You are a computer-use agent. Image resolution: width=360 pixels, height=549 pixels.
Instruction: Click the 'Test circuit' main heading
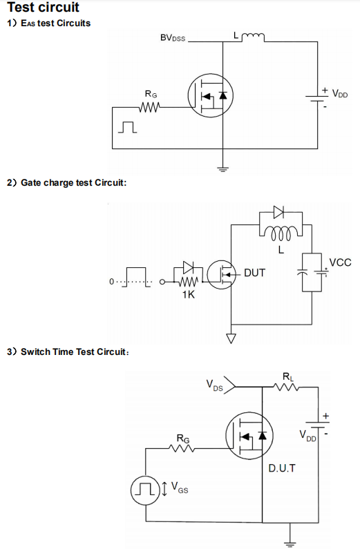(x=43, y=7)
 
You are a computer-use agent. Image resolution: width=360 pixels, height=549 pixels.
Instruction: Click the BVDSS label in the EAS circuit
(x=173, y=38)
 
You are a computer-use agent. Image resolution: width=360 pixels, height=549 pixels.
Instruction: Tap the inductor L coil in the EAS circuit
(x=254, y=36)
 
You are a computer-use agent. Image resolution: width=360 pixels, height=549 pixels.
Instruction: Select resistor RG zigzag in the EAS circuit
(x=149, y=107)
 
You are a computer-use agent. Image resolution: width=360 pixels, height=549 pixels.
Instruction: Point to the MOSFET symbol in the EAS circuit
(x=211, y=95)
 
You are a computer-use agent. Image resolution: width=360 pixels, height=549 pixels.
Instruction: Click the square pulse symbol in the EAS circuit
(x=127, y=127)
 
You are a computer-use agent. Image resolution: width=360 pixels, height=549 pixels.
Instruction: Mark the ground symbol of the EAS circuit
(x=222, y=170)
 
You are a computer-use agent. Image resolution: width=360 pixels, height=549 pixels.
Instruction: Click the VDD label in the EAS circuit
(x=340, y=93)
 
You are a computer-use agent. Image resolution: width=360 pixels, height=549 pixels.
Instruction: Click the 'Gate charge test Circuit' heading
(x=73, y=182)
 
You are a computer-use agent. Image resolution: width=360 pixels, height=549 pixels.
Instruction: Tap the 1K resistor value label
(x=188, y=294)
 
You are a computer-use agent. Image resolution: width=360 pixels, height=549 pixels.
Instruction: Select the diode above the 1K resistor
(x=189, y=267)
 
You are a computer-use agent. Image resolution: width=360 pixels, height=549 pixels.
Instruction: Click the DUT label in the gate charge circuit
(x=254, y=273)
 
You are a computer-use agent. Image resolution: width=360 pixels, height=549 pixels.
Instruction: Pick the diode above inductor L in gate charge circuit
(x=278, y=212)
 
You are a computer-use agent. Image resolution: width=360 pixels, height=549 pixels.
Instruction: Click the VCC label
(x=341, y=262)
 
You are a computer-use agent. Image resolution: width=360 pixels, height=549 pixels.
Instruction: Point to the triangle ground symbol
(x=231, y=338)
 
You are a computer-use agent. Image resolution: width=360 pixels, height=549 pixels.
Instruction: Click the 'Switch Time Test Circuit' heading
(x=75, y=351)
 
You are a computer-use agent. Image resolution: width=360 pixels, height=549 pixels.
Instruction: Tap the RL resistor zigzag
(x=286, y=387)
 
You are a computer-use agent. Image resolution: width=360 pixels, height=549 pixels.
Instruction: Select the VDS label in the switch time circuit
(x=214, y=385)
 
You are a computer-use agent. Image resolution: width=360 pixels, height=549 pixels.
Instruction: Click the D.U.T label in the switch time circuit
(x=282, y=468)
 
